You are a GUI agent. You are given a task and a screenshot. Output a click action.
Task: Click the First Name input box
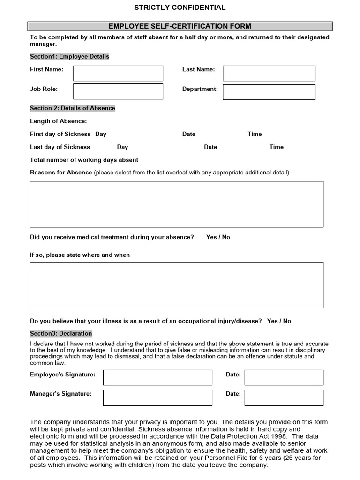click(118, 73)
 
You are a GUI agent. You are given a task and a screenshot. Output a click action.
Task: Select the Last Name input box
click(269, 73)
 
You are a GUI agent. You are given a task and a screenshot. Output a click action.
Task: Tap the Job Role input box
click(118, 91)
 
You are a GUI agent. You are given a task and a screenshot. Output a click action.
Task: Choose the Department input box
click(269, 92)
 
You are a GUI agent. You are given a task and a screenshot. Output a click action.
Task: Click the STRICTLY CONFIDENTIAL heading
click(180, 7)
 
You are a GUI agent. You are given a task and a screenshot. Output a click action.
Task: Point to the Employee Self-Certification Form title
click(180, 26)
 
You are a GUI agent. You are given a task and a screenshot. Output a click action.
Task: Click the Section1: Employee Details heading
click(69, 56)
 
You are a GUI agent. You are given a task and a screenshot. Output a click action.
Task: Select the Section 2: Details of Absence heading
click(73, 108)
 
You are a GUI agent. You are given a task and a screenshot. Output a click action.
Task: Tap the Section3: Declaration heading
click(61, 333)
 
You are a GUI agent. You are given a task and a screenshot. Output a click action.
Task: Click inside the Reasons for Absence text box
click(177, 204)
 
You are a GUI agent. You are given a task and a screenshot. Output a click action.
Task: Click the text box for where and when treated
click(177, 285)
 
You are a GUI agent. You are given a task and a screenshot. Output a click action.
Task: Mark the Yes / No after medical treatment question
click(218, 237)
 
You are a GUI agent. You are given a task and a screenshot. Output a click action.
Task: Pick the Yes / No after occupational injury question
click(279, 321)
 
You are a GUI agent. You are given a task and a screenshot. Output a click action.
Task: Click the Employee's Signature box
click(157, 377)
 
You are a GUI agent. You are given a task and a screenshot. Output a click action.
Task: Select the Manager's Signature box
click(157, 397)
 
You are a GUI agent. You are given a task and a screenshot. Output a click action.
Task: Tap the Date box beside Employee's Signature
click(284, 377)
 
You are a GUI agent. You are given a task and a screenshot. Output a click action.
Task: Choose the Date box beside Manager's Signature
click(284, 397)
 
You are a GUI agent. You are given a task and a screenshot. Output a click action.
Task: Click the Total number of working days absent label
click(84, 160)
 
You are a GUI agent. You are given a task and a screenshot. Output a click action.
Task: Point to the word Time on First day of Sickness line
click(255, 134)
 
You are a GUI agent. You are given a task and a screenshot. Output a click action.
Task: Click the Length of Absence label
click(58, 121)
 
